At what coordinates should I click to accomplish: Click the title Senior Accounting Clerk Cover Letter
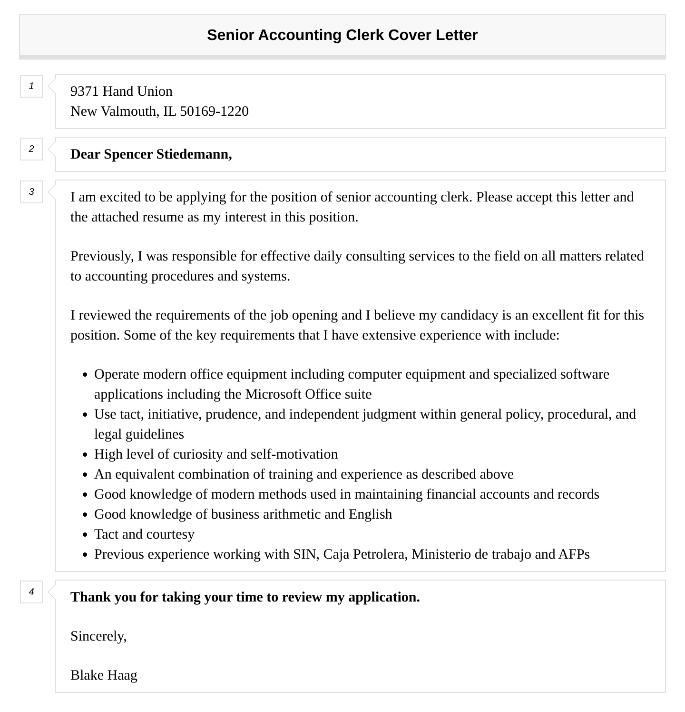(x=342, y=35)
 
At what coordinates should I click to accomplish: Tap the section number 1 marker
(x=31, y=86)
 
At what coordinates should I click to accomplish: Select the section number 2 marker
(x=31, y=149)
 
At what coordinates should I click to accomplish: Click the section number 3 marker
(x=31, y=192)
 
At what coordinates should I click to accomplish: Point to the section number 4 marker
(x=31, y=592)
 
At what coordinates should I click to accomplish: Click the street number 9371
(x=85, y=91)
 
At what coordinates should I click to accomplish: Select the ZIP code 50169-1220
(x=214, y=111)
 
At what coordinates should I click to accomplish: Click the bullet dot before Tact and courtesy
(x=85, y=535)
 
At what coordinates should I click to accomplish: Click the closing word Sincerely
(x=98, y=636)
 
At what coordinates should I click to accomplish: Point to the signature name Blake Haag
(x=104, y=675)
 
